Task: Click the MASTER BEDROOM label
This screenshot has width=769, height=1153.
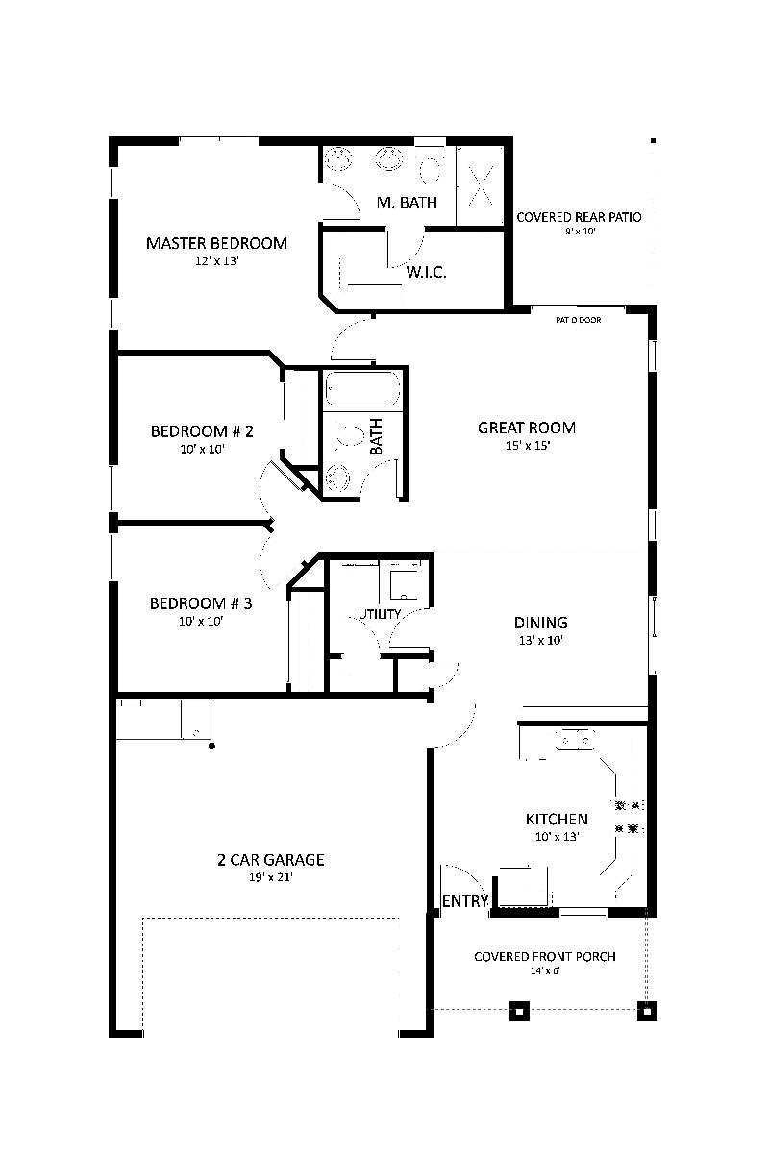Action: [216, 243]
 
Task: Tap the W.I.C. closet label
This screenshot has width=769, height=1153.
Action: [426, 272]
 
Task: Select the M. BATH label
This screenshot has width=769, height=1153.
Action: [407, 202]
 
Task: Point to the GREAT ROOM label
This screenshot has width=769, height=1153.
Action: [527, 428]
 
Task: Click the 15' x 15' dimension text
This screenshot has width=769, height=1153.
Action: [527, 446]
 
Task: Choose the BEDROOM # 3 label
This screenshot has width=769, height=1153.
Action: [201, 603]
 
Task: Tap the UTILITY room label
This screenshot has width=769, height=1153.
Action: [380, 614]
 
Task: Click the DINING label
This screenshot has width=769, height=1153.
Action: [540, 623]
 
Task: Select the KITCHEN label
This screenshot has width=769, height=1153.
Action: [557, 820]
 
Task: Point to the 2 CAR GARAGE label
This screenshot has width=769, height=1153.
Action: [270, 860]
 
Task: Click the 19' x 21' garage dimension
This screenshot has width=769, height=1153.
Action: [270, 877]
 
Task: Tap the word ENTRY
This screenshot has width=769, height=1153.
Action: [465, 901]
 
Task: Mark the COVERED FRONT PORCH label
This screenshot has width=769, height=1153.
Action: [545, 956]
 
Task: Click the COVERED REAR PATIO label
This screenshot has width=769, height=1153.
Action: [579, 217]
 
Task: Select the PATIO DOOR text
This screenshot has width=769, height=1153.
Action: [578, 320]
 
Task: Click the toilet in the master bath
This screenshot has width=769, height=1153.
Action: [431, 169]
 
